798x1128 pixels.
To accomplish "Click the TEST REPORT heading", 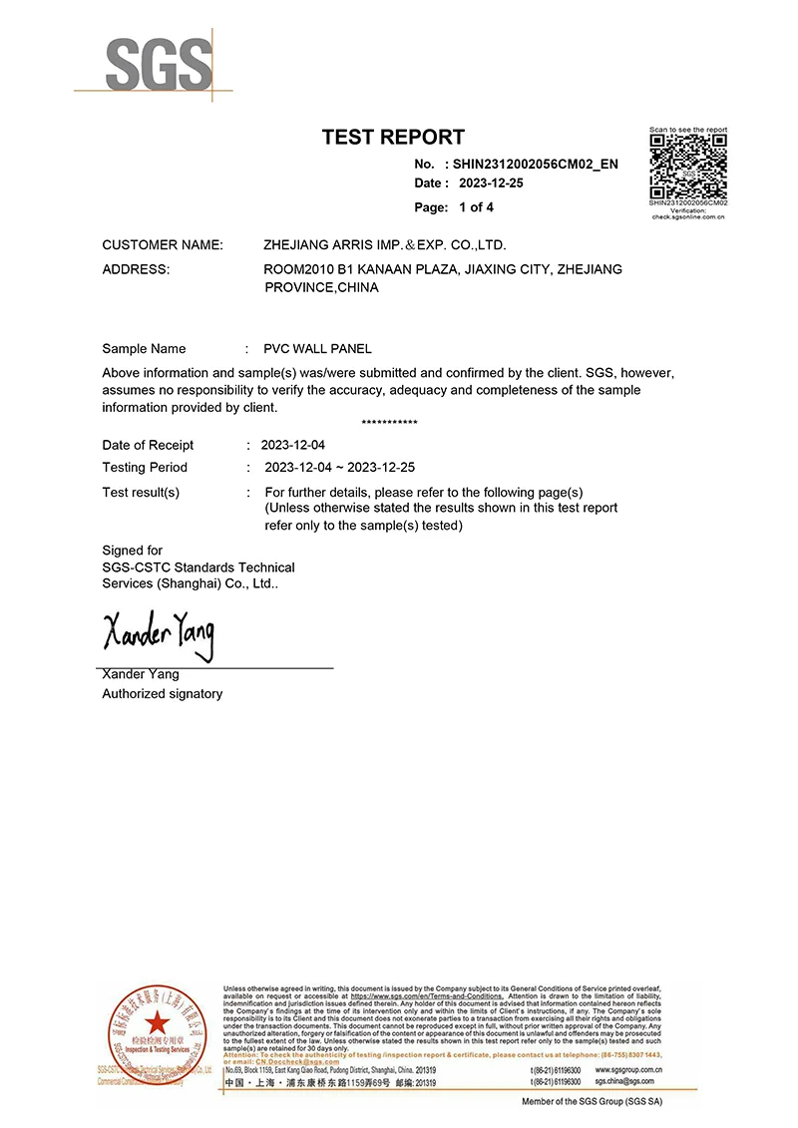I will click(x=393, y=138).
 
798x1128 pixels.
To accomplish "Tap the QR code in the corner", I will click(x=687, y=167).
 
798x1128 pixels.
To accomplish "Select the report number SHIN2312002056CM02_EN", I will click(x=536, y=164).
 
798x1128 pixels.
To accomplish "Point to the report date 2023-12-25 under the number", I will click(x=491, y=184).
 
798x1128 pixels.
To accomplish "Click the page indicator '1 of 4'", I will click(x=476, y=207).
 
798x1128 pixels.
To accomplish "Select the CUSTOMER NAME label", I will click(x=163, y=244).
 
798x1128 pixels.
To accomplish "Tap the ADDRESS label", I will click(x=136, y=269).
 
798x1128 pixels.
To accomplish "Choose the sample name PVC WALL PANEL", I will click(x=317, y=349).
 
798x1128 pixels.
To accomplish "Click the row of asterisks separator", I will click(x=390, y=423).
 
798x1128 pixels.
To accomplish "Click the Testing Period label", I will click(x=145, y=467).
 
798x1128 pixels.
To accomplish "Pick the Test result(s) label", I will click(x=141, y=493).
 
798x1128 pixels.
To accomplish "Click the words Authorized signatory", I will click(x=163, y=693).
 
